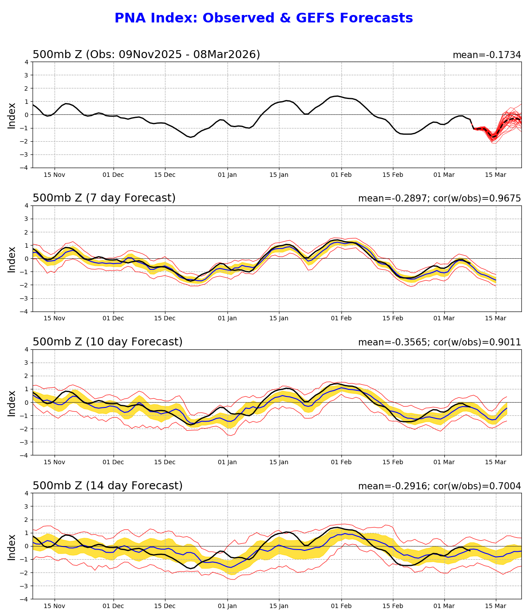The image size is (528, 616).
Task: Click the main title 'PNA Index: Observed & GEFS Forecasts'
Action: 264,18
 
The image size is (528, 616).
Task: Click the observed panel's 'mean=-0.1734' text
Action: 487,55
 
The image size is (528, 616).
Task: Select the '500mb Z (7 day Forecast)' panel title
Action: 104,198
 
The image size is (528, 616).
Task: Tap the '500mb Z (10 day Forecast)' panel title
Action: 107,342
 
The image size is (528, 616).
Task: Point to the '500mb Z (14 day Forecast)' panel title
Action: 107,486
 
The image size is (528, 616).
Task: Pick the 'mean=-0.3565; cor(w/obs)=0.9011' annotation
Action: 439,342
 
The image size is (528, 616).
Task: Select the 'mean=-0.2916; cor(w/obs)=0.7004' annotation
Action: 439,486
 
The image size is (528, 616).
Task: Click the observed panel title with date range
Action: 146,55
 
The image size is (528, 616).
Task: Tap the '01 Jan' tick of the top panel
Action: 227,175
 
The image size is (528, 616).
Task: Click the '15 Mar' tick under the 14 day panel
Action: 496,606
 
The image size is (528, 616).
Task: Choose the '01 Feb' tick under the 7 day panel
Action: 341,319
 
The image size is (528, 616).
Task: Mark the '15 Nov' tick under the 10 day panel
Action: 55,462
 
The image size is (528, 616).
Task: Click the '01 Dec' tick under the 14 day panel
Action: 114,606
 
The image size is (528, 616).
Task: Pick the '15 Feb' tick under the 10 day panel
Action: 392,462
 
